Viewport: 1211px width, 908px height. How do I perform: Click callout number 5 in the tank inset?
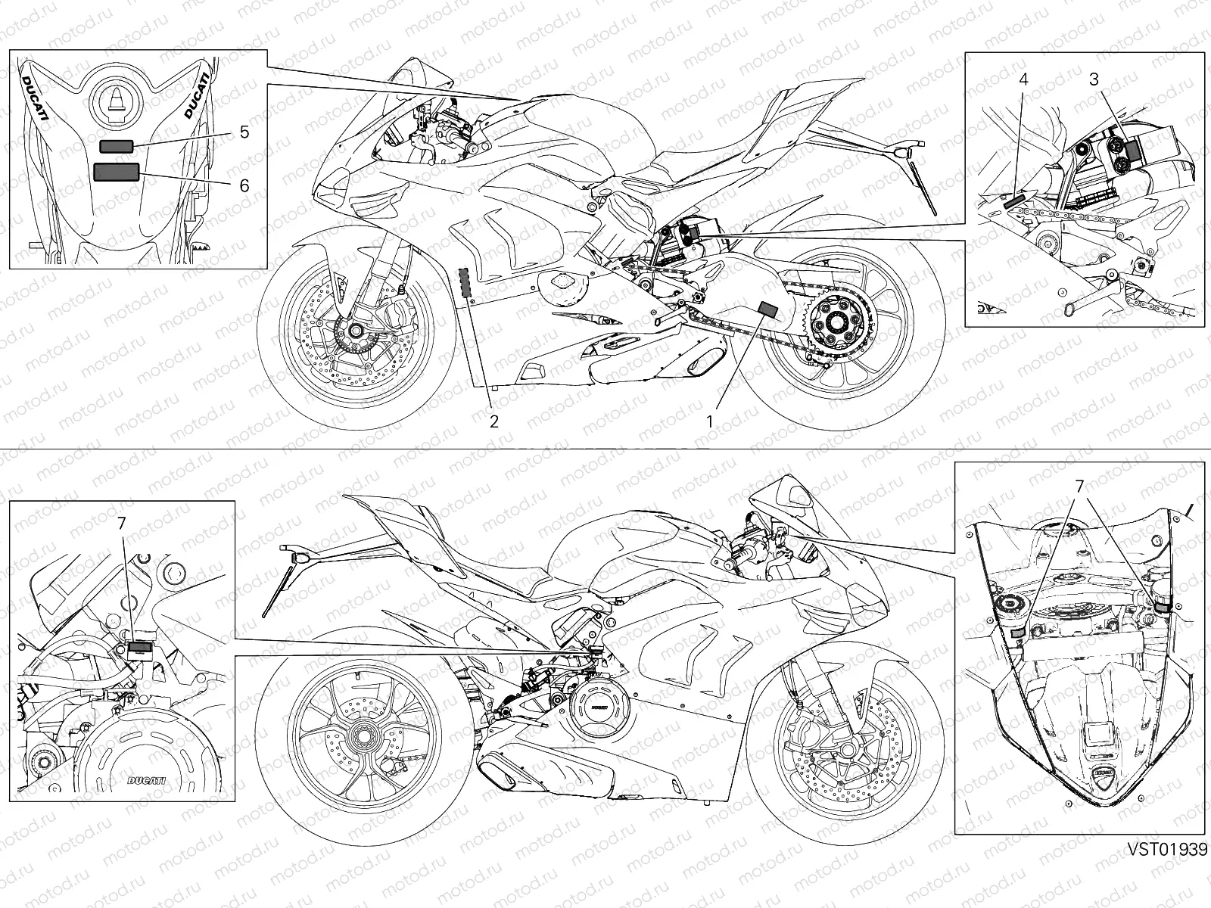tap(244, 132)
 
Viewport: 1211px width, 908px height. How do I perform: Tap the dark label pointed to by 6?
tap(116, 172)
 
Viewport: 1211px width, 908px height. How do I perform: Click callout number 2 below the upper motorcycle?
tap(493, 421)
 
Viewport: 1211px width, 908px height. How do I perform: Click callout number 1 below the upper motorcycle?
tap(710, 421)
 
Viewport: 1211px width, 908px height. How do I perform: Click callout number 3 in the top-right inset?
tap(1094, 79)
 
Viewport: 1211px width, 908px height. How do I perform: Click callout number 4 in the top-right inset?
tap(1023, 79)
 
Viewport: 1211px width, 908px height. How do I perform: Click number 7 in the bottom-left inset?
tap(122, 523)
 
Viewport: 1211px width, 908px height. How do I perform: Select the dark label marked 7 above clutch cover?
tap(139, 646)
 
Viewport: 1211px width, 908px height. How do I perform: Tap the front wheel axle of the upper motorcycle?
tap(353, 331)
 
